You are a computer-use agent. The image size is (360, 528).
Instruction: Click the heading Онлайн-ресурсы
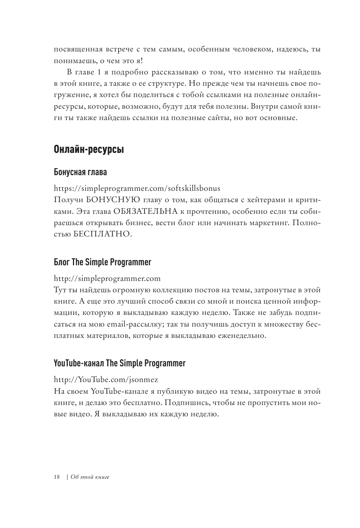89,149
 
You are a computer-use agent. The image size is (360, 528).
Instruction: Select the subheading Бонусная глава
80,171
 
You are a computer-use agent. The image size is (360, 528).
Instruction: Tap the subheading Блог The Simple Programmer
102,262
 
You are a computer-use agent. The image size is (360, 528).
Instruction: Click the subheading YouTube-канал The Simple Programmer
119,363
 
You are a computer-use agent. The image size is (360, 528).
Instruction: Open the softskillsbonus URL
137,188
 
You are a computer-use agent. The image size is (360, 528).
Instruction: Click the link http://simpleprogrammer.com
107,278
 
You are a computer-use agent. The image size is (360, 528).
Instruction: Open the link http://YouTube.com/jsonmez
106,379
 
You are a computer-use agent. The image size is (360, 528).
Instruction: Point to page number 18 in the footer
57,477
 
